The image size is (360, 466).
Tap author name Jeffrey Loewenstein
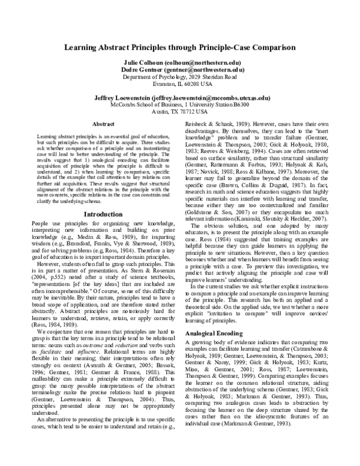pyautogui.click(x=123, y=97)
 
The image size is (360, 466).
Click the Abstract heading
pyautogui.click(x=103, y=124)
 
